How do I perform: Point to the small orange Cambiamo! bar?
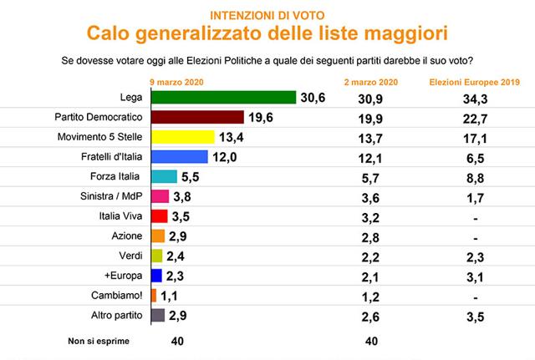[x=153, y=295]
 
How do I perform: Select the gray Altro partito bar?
[x=159, y=315]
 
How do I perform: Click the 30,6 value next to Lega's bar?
[x=313, y=98]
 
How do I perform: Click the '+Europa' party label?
[x=125, y=275]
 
